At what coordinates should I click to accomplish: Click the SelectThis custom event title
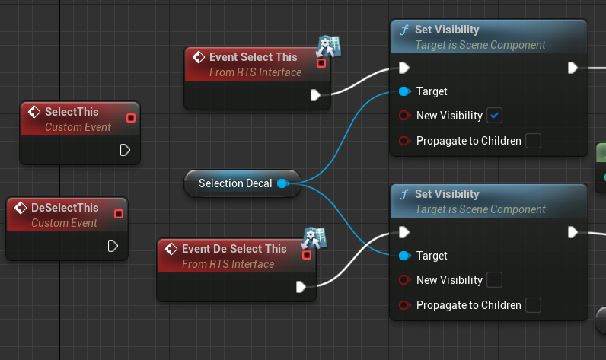(72, 112)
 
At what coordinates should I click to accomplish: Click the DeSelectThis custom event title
(65, 208)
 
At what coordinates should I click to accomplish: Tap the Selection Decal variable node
(234, 183)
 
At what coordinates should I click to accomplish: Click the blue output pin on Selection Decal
(282, 183)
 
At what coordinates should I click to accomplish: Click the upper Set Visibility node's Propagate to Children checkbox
(534, 141)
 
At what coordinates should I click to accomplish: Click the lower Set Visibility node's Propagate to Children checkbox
(534, 305)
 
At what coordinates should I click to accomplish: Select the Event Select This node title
(254, 57)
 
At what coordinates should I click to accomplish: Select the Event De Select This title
(234, 249)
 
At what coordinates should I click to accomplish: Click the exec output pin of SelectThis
(125, 150)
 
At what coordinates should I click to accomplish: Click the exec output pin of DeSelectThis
(113, 246)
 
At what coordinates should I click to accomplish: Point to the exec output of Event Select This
(316, 95)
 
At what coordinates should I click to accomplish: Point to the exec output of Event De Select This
(301, 287)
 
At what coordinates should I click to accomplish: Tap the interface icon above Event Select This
(329, 45)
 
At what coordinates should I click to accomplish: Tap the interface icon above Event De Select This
(314, 237)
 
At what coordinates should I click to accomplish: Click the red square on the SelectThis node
(131, 118)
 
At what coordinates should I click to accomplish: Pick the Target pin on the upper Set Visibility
(404, 91)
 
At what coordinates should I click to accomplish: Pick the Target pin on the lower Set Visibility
(404, 256)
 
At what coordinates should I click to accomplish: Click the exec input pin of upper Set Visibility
(404, 68)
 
